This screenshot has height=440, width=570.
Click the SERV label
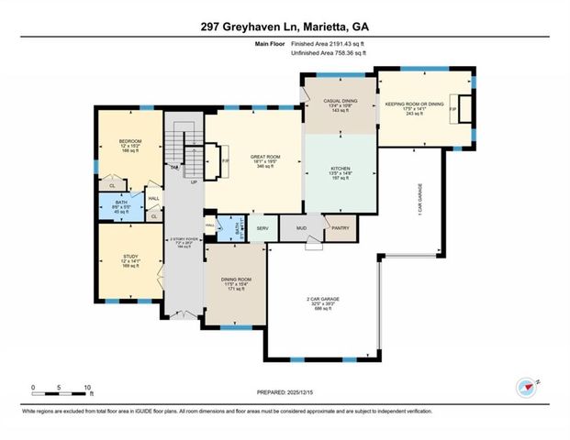point(262,227)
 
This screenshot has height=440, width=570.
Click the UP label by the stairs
point(194,182)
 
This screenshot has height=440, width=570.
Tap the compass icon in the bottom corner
point(526,387)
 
